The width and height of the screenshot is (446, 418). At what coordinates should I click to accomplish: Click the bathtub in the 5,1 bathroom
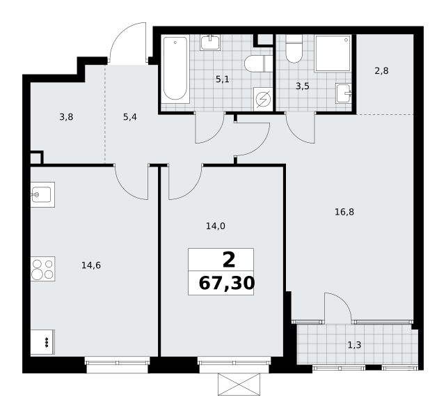pos(175,69)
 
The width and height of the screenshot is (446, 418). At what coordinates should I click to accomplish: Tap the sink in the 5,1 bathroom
pos(210,42)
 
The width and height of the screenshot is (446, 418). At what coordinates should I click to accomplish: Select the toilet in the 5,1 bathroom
pos(259,64)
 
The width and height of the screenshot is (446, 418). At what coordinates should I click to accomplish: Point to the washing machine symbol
pos(264,99)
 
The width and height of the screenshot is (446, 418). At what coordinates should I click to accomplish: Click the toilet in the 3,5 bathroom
pos(294,49)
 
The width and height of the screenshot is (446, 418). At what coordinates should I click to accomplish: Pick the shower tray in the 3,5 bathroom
pos(333,54)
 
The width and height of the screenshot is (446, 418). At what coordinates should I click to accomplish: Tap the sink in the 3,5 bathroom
pos(344,93)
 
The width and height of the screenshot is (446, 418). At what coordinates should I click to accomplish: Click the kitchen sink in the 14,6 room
pos(42,194)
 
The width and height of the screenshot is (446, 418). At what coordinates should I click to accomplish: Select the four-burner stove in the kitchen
pos(42,269)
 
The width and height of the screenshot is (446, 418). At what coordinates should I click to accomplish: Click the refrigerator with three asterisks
pos(42,342)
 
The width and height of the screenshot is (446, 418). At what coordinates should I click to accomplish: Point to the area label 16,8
pos(344,212)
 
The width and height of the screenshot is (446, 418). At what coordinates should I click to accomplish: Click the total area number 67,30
pos(226,284)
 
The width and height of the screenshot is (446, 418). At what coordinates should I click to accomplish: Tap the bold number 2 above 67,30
pos(229,261)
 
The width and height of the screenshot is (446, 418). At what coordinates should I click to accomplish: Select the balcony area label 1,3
pos(354,345)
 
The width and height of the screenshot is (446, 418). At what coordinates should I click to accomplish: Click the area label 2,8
pos(381,70)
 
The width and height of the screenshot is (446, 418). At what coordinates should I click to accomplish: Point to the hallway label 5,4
pos(130,117)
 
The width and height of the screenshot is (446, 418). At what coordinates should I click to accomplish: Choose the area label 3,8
pos(66,117)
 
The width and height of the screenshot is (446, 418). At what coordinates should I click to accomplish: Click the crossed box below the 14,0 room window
pos(239,385)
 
